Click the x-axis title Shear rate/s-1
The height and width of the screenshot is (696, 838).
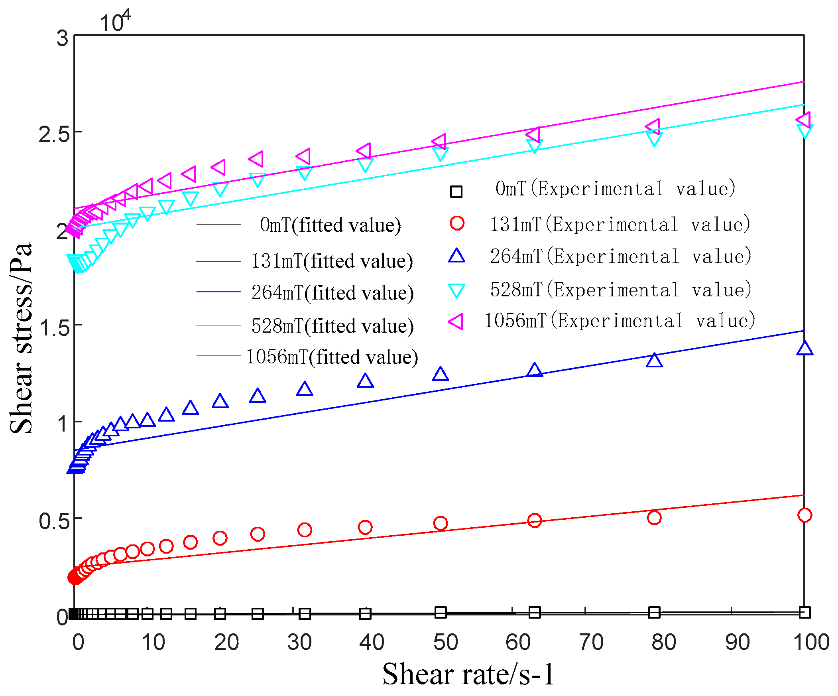click(468, 674)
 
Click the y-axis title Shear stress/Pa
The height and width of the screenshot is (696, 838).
click(21, 338)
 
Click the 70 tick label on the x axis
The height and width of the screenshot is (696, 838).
click(591, 643)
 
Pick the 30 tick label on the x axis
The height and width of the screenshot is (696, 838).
click(299, 643)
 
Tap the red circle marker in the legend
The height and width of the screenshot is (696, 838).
click(457, 223)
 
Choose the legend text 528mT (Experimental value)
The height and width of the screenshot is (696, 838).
click(620, 290)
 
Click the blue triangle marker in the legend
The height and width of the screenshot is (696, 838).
click(456, 256)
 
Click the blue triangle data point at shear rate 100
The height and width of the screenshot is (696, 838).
click(805, 349)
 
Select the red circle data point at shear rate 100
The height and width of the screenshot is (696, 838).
click(805, 515)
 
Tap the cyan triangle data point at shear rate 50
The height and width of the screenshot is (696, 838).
click(440, 154)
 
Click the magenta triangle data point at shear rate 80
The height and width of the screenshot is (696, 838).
click(653, 127)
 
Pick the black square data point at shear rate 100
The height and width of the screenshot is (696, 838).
click(805, 612)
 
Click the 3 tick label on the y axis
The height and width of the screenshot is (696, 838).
click(62, 39)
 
